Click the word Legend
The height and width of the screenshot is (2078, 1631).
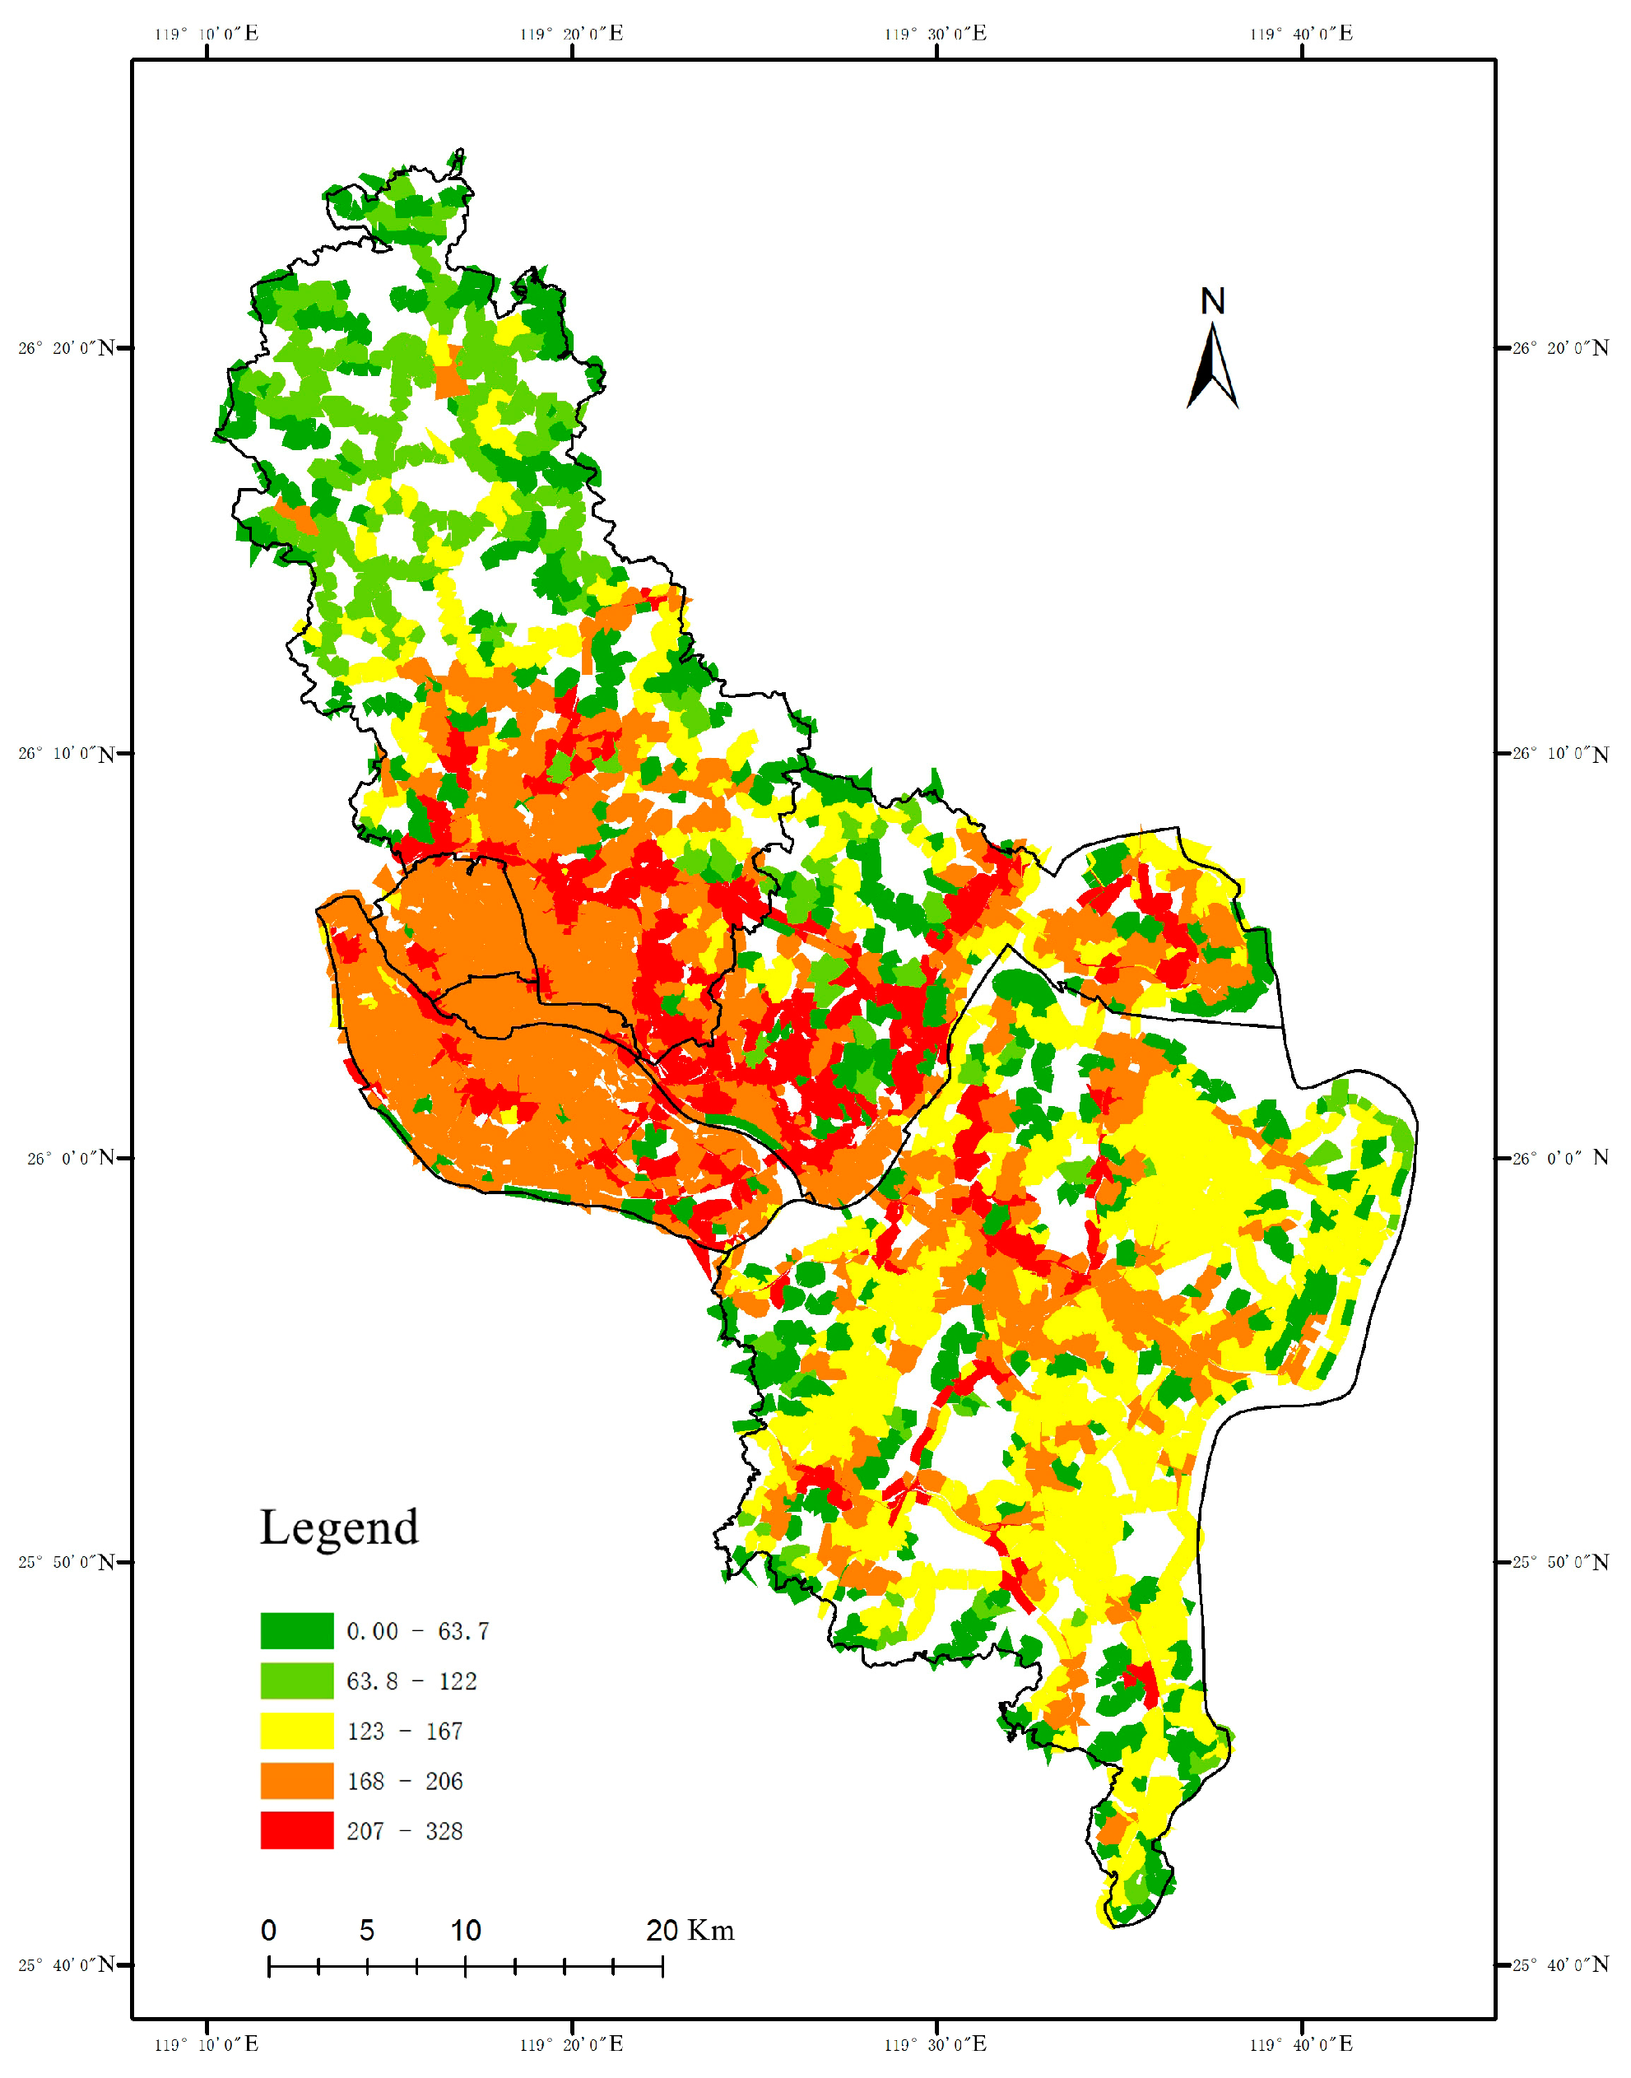[339, 1528]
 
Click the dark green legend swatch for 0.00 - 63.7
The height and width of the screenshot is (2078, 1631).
[297, 1631]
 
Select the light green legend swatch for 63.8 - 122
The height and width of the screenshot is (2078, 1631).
[297, 1681]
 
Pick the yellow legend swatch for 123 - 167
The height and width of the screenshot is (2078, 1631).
[297, 1731]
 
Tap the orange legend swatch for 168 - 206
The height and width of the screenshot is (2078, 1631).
[297, 1781]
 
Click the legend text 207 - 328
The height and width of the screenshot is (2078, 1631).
[404, 1832]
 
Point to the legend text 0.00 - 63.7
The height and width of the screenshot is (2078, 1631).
[417, 1631]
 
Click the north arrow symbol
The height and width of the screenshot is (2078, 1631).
[1212, 368]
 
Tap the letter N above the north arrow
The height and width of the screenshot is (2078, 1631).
[1212, 302]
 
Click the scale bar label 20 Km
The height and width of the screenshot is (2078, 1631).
[690, 1931]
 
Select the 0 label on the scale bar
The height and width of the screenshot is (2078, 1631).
[269, 1931]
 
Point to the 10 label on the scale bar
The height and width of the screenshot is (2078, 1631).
[465, 1931]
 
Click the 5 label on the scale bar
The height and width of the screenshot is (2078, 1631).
[367, 1931]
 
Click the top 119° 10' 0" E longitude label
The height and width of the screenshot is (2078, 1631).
[207, 35]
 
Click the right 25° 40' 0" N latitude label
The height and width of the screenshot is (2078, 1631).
[1560, 1965]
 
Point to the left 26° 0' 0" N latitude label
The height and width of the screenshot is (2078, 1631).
[70, 1159]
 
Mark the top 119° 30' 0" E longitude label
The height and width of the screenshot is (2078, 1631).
[935, 35]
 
